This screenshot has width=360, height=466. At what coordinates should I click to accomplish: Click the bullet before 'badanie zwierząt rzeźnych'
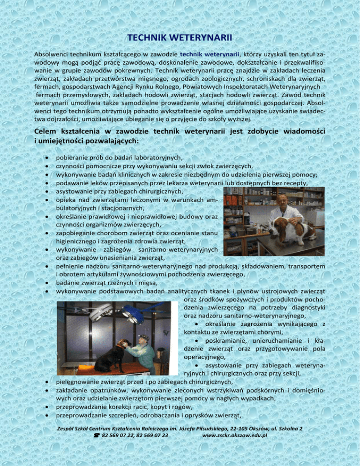tap(48, 283)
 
